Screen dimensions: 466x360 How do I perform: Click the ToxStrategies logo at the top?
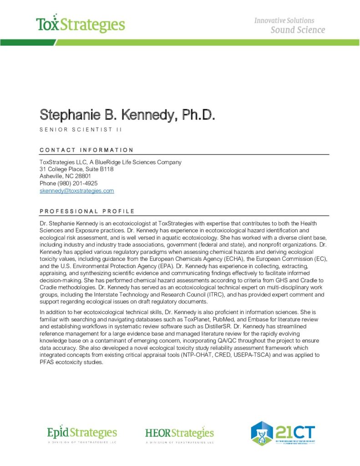click(80, 24)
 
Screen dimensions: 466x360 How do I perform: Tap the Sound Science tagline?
click(298, 30)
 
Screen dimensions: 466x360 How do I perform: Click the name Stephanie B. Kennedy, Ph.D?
click(127, 115)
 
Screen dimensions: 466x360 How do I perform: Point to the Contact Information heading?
click(86, 150)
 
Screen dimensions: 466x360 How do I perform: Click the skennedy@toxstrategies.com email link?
click(76, 191)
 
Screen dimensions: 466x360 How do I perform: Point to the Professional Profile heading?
click(87, 211)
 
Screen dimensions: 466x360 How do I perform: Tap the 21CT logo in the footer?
click(284, 433)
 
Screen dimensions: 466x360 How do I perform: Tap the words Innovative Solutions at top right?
click(284, 20)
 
